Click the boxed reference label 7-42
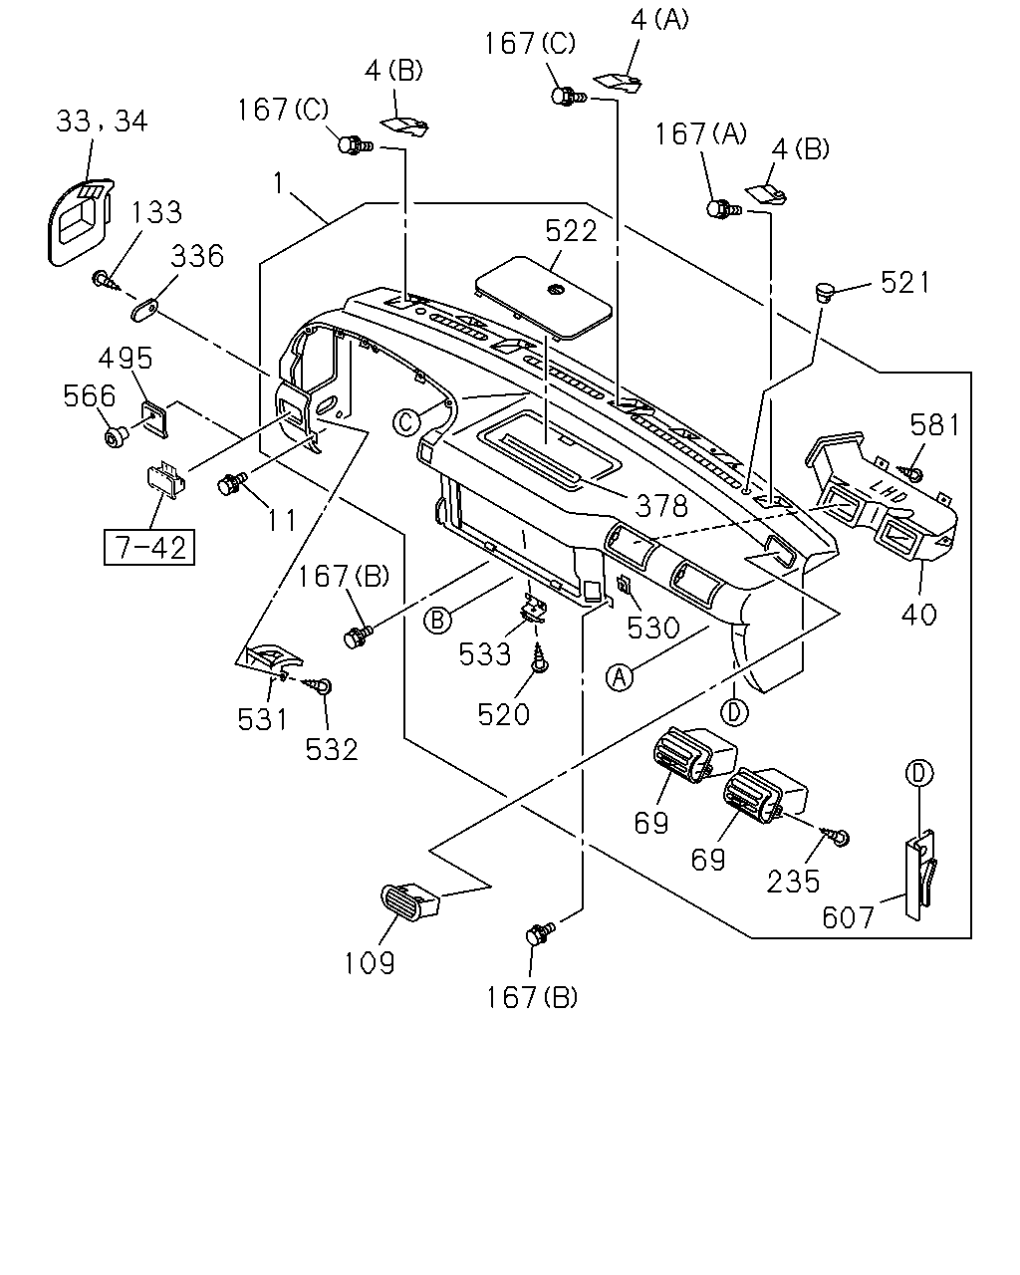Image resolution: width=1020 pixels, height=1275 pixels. [148, 548]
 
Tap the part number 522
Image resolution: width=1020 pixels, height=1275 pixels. [570, 231]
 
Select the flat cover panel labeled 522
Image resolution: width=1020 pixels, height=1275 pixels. [544, 298]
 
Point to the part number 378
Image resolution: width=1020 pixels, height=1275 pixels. [660, 507]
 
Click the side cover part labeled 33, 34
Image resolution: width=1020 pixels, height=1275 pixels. [80, 220]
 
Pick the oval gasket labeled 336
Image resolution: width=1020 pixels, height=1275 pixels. [144, 309]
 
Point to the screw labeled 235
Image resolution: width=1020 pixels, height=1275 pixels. [835, 836]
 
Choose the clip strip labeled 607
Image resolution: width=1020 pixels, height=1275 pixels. [920, 875]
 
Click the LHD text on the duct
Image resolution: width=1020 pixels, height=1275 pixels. [889, 490]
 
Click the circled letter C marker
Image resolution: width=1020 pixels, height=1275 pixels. [405, 423]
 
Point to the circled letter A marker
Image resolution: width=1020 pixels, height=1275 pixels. [620, 677]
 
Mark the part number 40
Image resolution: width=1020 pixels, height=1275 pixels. [918, 615]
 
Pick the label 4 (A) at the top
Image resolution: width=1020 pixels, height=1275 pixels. [659, 20]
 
